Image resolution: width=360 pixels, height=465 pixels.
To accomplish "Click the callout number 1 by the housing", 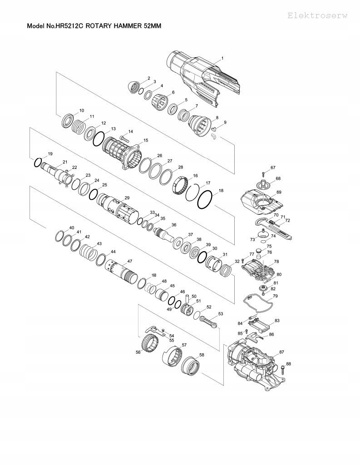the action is click(x=222, y=59).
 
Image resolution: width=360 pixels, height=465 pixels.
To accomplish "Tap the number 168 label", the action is click(x=153, y=275).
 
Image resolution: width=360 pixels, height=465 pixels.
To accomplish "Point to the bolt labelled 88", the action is click(x=282, y=370).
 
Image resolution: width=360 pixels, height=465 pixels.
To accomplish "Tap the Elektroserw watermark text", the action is click(x=317, y=16).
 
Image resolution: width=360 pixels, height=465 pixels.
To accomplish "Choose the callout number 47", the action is click(x=129, y=261).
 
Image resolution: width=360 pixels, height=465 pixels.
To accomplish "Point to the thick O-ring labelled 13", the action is click(x=99, y=139).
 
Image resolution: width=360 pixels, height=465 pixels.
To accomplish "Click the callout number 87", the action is click(x=282, y=352).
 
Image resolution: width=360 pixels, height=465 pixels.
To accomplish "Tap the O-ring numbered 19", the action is click(x=37, y=163).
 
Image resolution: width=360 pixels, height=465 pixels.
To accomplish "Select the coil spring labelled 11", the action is click(x=79, y=127).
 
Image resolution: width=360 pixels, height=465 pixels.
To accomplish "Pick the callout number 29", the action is click(x=127, y=198).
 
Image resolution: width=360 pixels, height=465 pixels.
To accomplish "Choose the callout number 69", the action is click(x=279, y=192).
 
